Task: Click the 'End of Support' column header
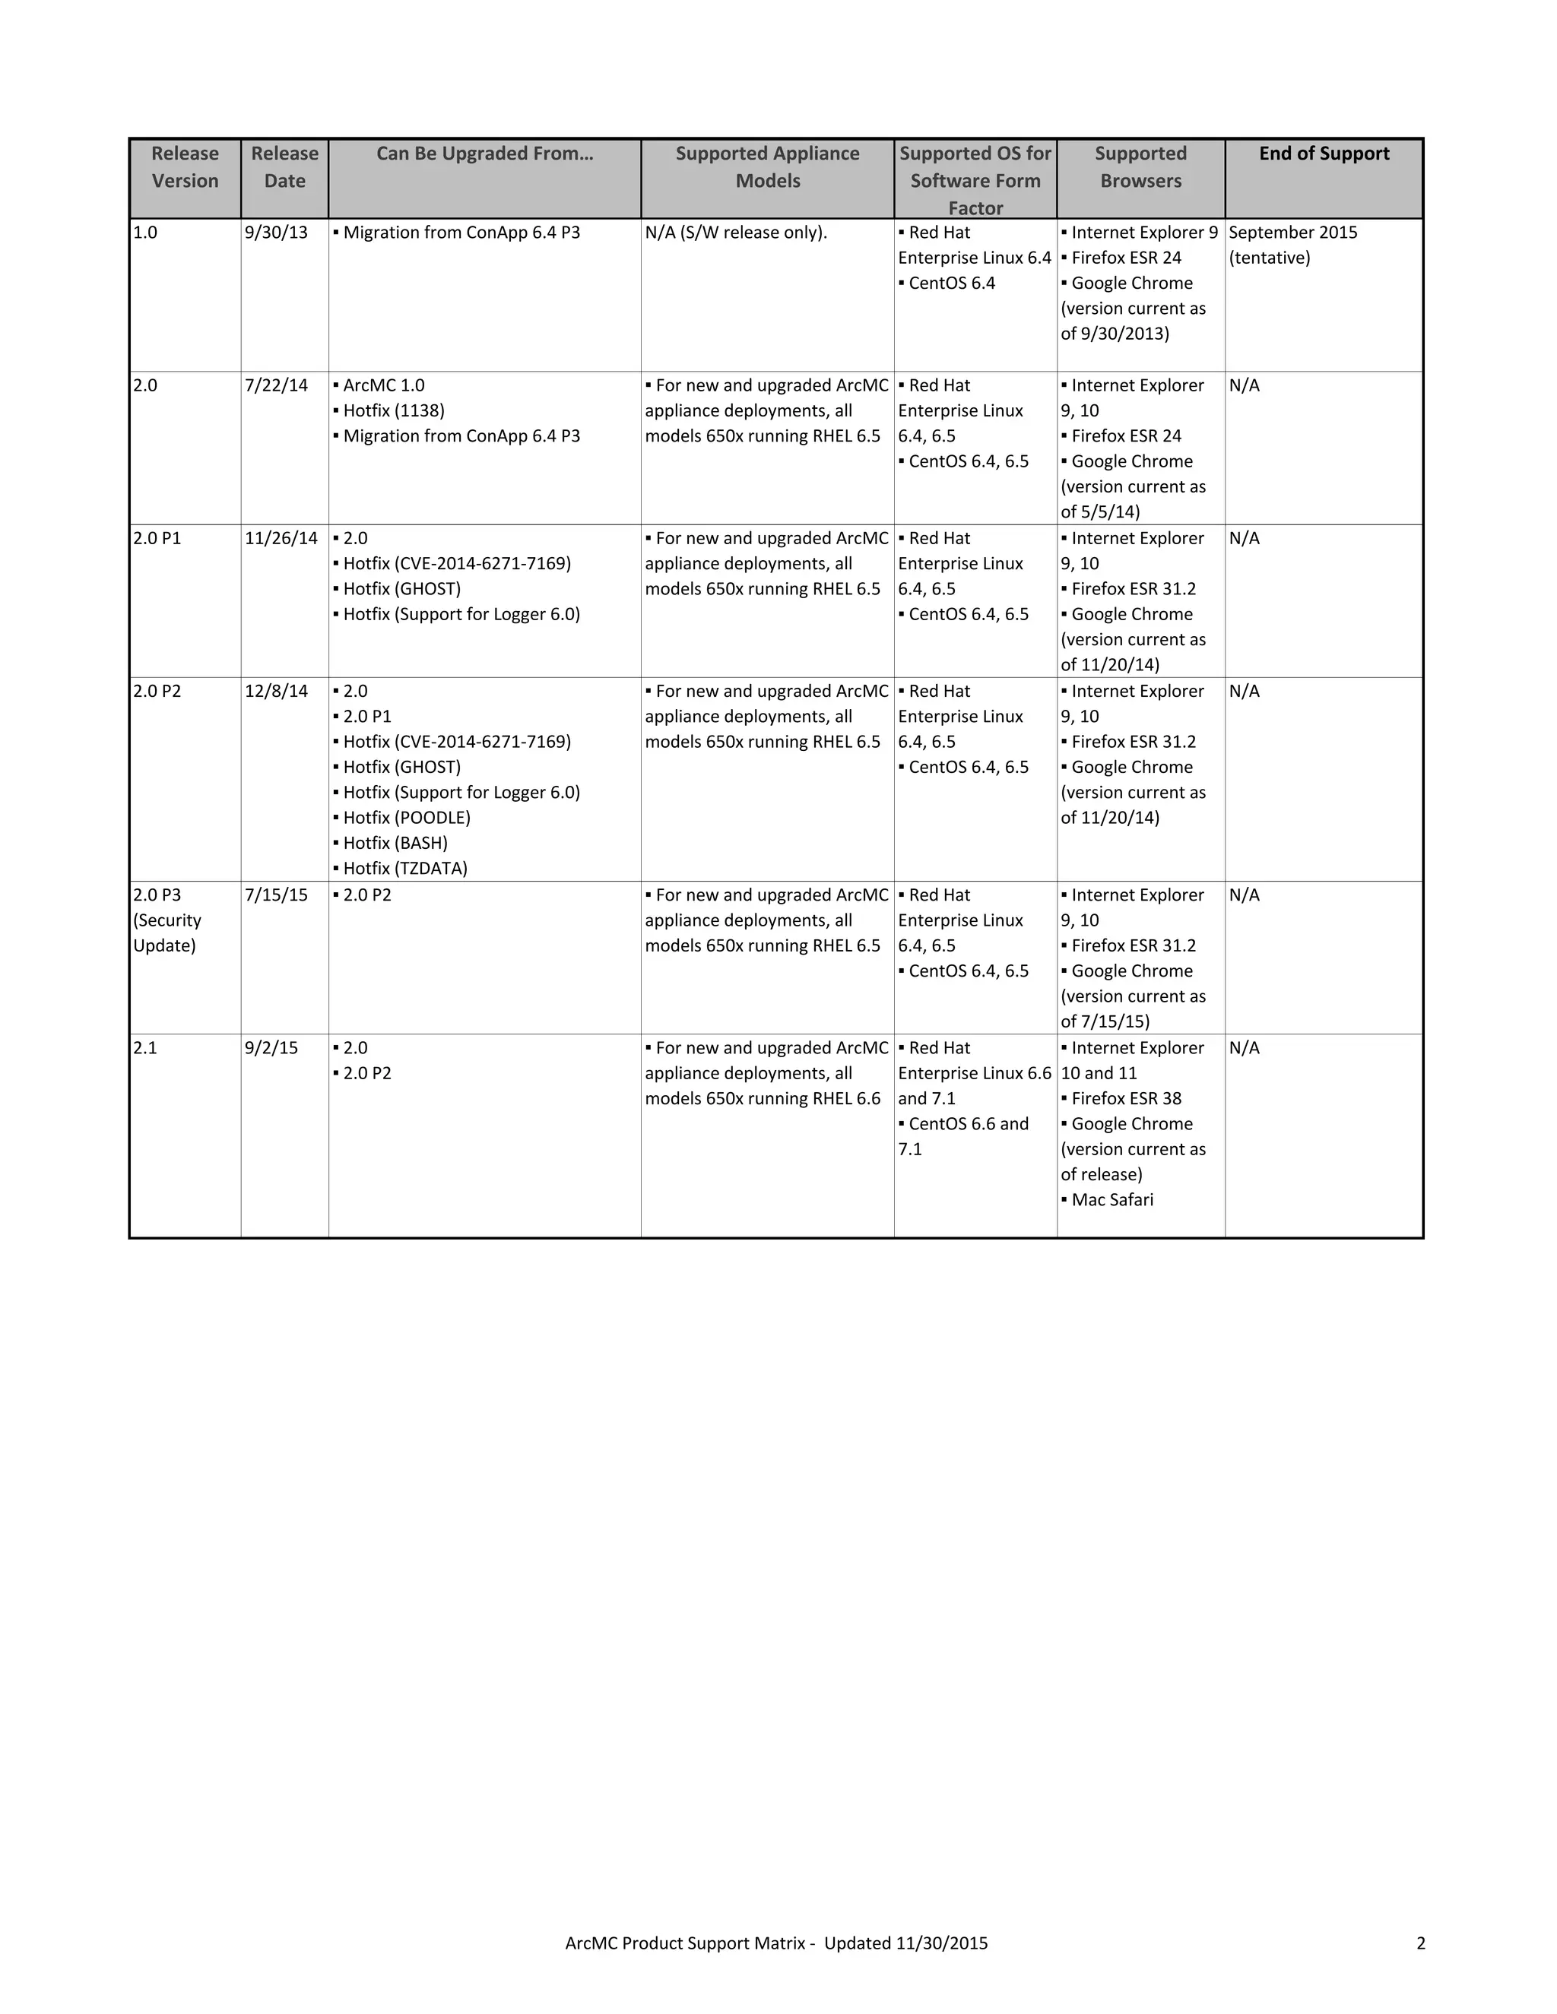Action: click(x=1324, y=154)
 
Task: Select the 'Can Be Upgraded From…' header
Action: click(x=484, y=154)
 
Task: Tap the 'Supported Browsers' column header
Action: click(x=1140, y=167)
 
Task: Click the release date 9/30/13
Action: click(x=276, y=233)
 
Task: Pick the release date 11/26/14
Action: click(x=281, y=539)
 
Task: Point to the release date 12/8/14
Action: click(x=276, y=692)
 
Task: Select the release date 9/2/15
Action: click(x=271, y=1049)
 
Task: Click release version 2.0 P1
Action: click(x=157, y=539)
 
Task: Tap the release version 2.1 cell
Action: click(x=146, y=1049)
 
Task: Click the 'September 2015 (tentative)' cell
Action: click(x=1292, y=245)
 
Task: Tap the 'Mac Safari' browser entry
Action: click(x=1111, y=1201)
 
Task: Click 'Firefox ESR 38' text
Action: click(x=1125, y=1099)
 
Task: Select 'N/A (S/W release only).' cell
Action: click(x=736, y=233)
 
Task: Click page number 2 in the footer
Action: click(x=1420, y=1943)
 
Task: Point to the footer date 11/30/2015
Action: click(x=941, y=1943)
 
